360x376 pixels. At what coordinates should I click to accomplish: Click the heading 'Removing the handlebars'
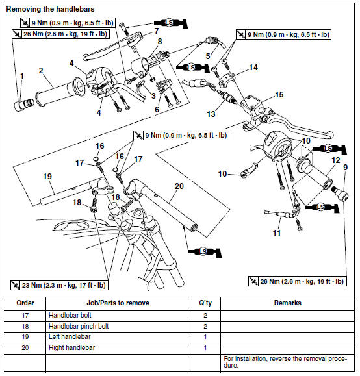(x=50, y=9)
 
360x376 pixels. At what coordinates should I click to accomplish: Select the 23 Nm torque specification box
(x=59, y=285)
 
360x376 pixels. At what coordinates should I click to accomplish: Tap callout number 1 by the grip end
(x=22, y=76)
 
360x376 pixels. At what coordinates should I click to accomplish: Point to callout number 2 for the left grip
(x=41, y=71)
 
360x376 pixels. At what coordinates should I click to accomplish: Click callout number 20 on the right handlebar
(x=179, y=186)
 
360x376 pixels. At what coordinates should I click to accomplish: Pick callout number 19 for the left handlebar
(x=47, y=177)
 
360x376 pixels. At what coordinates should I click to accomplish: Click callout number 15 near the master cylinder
(x=279, y=94)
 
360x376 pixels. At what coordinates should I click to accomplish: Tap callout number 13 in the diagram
(x=211, y=114)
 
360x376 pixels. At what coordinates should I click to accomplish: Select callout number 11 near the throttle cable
(x=277, y=232)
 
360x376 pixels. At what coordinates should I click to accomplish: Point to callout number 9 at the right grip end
(x=345, y=167)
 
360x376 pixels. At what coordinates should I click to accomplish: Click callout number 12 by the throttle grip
(x=336, y=160)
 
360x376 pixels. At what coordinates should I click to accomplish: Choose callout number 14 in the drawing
(x=253, y=68)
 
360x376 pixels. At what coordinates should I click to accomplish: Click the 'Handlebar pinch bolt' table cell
(x=79, y=327)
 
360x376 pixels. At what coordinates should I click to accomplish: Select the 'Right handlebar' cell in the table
(x=71, y=347)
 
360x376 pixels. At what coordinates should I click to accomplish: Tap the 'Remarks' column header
(x=287, y=303)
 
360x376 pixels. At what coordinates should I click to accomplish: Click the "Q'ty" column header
(x=205, y=303)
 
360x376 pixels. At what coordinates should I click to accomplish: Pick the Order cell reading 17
(x=25, y=316)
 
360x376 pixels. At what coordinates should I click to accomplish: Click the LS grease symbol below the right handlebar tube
(x=205, y=252)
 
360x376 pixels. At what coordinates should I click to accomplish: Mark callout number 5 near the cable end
(x=208, y=56)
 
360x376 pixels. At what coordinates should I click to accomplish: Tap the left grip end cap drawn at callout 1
(x=24, y=105)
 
